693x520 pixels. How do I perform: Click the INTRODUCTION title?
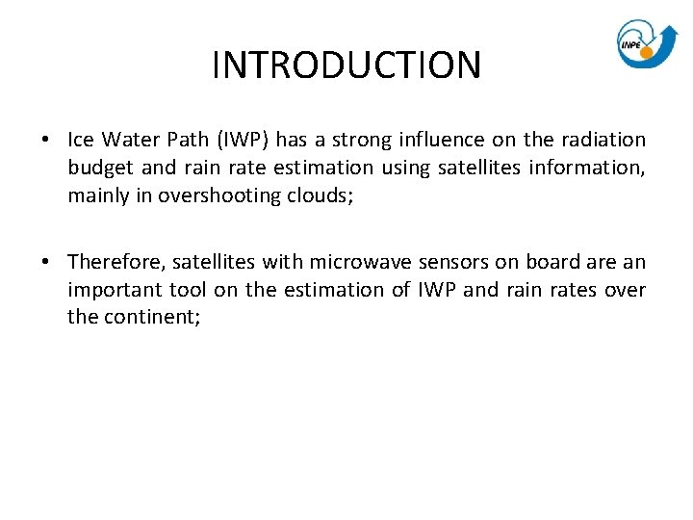point(346,65)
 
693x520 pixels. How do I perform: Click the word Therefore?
point(115,262)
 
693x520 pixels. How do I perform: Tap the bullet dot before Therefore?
point(46,263)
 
